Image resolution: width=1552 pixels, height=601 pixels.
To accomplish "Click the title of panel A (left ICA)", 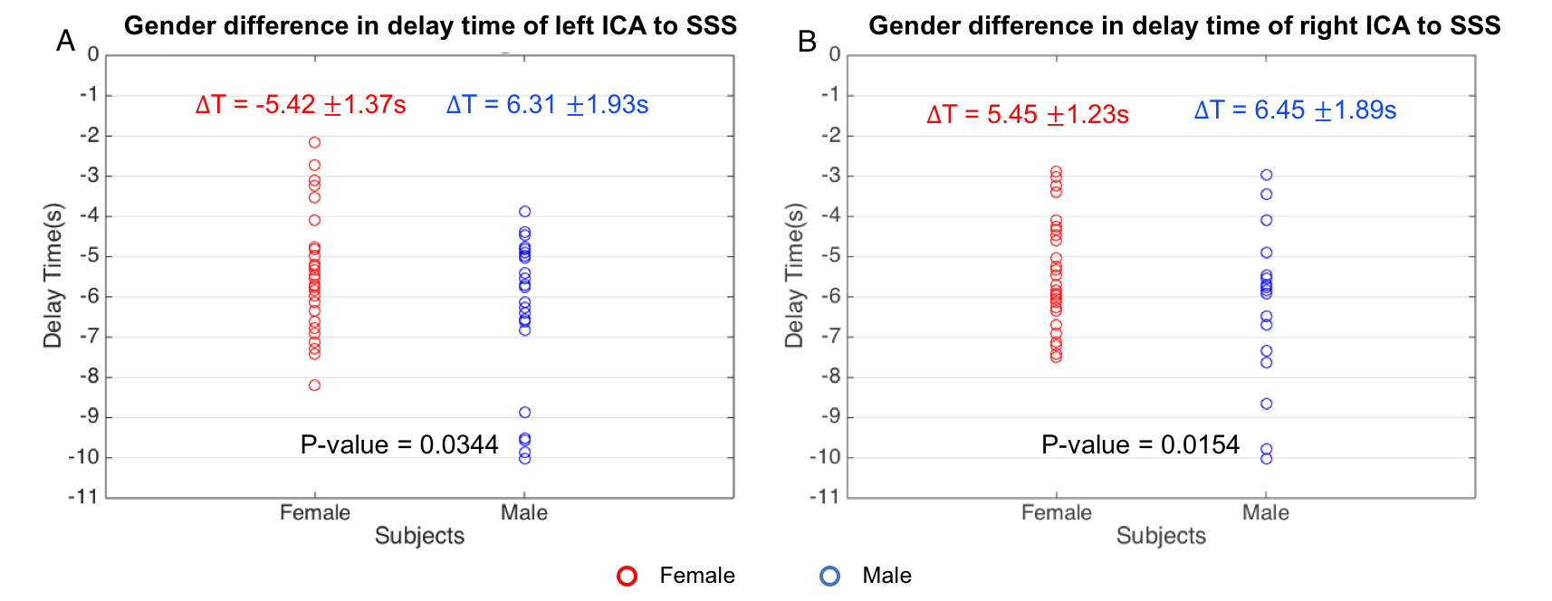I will pos(430,26).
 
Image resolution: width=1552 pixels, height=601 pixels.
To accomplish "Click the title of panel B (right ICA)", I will pos(1184,26).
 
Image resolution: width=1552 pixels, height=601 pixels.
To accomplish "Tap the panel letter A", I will pos(65,41).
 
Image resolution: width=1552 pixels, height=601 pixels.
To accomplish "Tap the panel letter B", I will pos(807,41).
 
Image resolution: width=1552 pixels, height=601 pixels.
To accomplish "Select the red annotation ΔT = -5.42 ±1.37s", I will pos(301,105).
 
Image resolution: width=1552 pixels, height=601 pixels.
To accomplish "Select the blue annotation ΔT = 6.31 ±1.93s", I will pos(547,105).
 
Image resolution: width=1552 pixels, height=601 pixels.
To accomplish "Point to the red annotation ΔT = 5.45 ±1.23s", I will pos(1028,115).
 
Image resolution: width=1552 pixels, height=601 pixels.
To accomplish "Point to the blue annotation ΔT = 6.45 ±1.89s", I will pos(1295,110).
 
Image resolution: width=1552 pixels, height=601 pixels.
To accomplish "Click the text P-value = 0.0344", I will pos(399,444).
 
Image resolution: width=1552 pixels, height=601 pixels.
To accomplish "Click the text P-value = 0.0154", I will pos(1140,444).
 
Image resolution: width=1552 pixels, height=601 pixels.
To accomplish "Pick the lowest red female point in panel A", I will pos(314,386).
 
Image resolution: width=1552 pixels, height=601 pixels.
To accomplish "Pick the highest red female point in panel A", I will pos(314,142).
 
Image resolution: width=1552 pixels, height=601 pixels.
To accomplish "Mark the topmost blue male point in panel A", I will pos(524,212).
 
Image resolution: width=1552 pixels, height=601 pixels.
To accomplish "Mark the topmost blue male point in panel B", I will pos(1266,175).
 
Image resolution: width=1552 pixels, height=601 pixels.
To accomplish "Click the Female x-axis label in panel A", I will pos(314,512).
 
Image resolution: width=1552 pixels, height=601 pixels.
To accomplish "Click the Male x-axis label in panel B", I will pos(1265,512).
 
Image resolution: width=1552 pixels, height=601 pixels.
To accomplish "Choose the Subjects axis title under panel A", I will pos(419,536).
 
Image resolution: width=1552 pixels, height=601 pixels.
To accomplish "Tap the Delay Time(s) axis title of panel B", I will pos(794,275).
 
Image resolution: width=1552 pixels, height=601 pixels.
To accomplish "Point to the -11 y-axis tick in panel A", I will pos(83,497).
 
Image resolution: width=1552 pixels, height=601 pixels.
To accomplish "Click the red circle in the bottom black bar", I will pos(627,576).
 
